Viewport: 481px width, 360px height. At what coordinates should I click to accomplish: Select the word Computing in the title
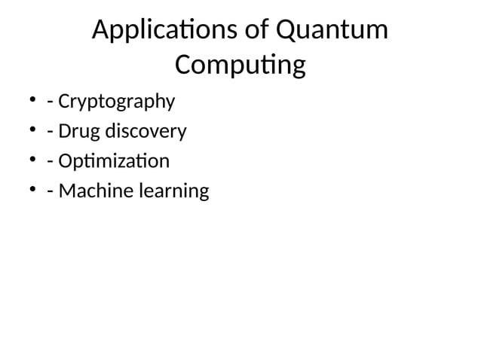pos(240,66)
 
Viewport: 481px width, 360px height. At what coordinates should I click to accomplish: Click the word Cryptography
pos(116,102)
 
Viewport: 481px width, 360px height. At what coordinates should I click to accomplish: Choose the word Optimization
pos(114,161)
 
